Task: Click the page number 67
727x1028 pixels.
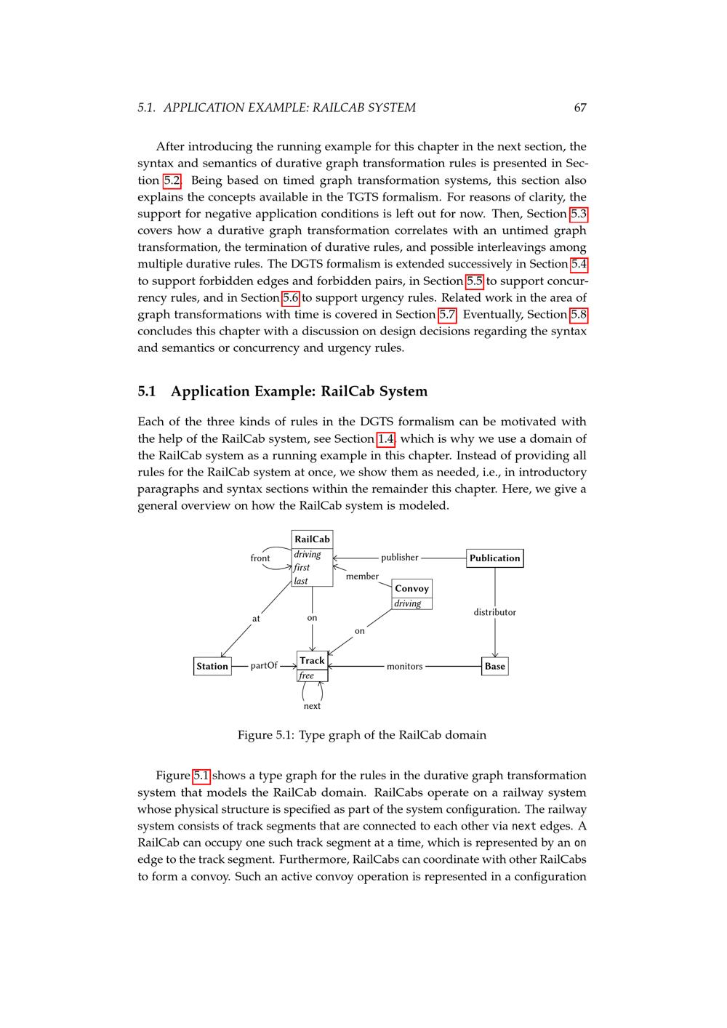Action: click(x=579, y=108)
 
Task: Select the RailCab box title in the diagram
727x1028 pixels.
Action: click(x=312, y=539)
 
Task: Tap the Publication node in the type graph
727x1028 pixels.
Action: click(x=494, y=558)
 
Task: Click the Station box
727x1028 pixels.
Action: click(x=212, y=666)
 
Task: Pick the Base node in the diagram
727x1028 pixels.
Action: click(x=494, y=666)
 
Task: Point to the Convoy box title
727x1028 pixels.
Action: click(x=411, y=588)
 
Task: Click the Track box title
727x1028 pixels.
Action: click(x=312, y=660)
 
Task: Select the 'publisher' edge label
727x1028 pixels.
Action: click(x=399, y=558)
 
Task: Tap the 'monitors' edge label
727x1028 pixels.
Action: click(x=404, y=666)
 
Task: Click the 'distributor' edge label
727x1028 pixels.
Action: click(x=494, y=612)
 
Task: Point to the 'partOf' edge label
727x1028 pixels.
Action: click(x=264, y=665)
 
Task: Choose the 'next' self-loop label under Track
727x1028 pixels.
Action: click(x=312, y=706)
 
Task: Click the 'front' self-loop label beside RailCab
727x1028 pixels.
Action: click(x=260, y=558)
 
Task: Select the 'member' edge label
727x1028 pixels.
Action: click(x=362, y=577)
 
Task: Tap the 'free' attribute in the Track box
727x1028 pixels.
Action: click(x=307, y=675)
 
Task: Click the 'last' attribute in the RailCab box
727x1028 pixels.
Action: click(x=301, y=581)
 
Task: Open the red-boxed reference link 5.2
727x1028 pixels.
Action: click(x=172, y=180)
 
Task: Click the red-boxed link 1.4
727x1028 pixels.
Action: click(x=385, y=438)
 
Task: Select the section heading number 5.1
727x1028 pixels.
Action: click(x=147, y=391)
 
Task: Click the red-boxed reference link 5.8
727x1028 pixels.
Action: click(x=579, y=314)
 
